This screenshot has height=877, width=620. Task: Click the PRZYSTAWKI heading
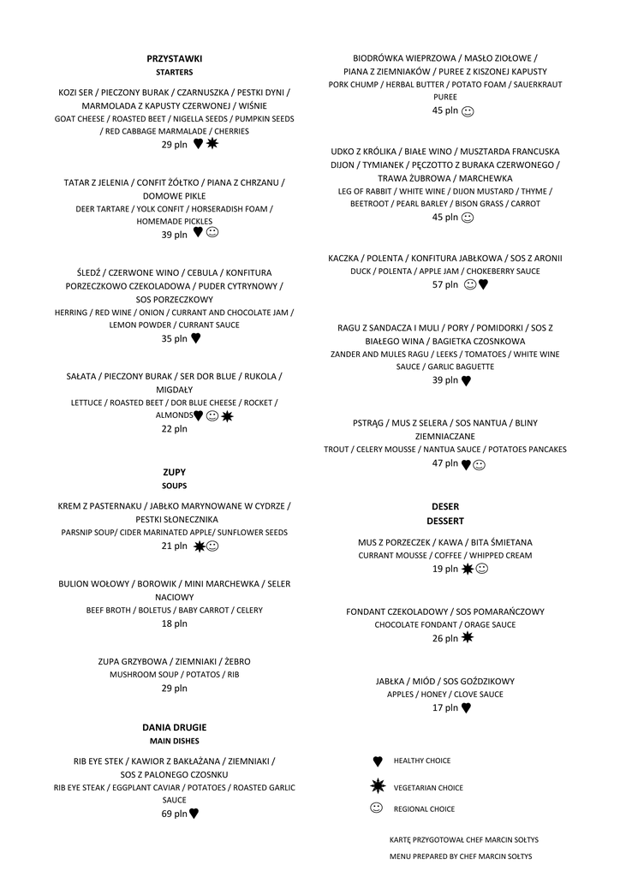pos(175,58)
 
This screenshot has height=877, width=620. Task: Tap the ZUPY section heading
pos(175,472)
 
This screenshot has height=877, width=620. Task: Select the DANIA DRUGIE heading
pos(175,727)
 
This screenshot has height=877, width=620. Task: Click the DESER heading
pos(445,507)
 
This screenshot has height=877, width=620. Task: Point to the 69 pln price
pos(174,814)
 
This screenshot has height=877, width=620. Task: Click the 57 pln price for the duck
pos(445,284)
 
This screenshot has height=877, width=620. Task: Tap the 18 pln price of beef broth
pos(175,623)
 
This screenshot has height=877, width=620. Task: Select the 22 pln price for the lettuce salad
pos(175,428)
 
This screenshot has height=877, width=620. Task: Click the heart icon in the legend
pos(378,761)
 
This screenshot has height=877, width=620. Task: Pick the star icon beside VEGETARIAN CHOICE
pos(378,786)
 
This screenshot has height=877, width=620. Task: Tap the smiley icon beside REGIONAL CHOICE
pos(377,808)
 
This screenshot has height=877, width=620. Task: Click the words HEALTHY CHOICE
pos(422,761)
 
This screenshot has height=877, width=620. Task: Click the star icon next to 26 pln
pos(468,637)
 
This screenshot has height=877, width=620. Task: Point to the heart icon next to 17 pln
pos(467,708)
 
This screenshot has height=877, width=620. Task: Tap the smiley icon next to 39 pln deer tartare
pos(212,232)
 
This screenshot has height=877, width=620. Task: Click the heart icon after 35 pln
pos(196,338)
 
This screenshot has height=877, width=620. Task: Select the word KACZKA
pos(343,258)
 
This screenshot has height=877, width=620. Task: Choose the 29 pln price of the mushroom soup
pos(175,688)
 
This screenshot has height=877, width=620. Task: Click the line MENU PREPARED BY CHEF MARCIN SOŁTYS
pos(461,856)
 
